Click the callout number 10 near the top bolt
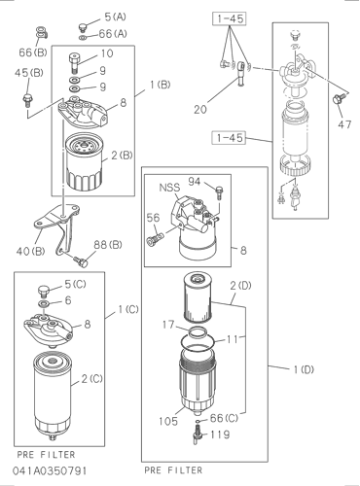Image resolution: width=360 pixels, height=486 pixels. [107, 53]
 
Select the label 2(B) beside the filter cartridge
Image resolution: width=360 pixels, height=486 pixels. [122, 156]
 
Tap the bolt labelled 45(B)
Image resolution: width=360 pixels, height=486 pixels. [26, 100]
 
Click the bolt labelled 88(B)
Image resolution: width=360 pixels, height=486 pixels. [81, 261]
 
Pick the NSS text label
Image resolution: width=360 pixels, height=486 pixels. [169, 188]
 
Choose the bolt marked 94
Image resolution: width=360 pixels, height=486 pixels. [220, 192]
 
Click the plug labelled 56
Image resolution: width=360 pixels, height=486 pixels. [155, 241]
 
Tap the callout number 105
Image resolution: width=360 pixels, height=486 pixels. [168, 421]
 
